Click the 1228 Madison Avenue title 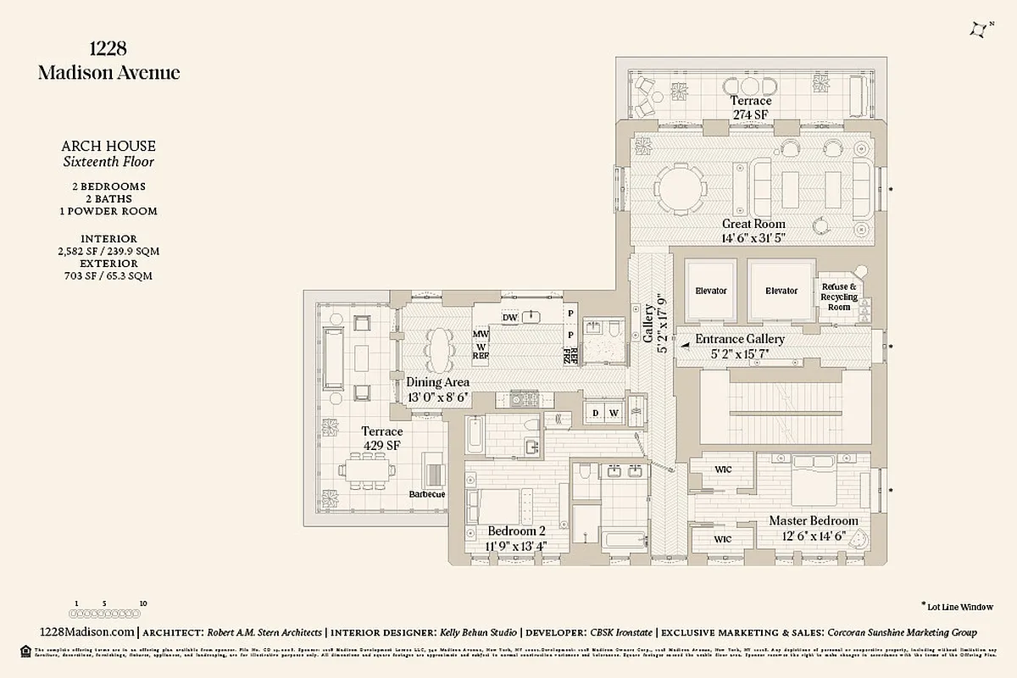pos(108,60)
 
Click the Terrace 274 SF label pos(751,108)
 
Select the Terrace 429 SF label pos(382,437)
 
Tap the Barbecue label pos(426,494)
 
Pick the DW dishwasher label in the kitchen pos(509,318)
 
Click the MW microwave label pos(481,334)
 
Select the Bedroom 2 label pos(516,531)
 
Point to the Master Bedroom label pos(813,521)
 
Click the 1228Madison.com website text pos(87,632)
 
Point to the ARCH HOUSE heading pos(108,147)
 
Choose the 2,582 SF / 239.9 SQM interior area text pos(108,251)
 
